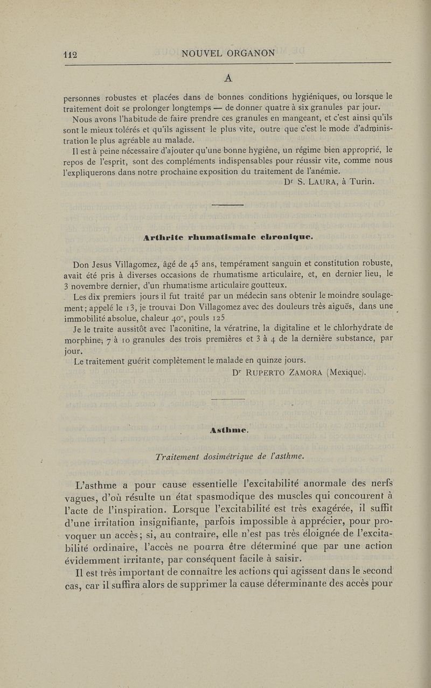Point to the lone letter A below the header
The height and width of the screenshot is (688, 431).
228,79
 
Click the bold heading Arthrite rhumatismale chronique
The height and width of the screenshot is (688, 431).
228,236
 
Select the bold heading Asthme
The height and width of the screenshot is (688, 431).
229,430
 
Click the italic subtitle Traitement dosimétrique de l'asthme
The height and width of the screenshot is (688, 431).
230,457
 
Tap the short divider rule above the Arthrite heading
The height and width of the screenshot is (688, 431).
228,205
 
